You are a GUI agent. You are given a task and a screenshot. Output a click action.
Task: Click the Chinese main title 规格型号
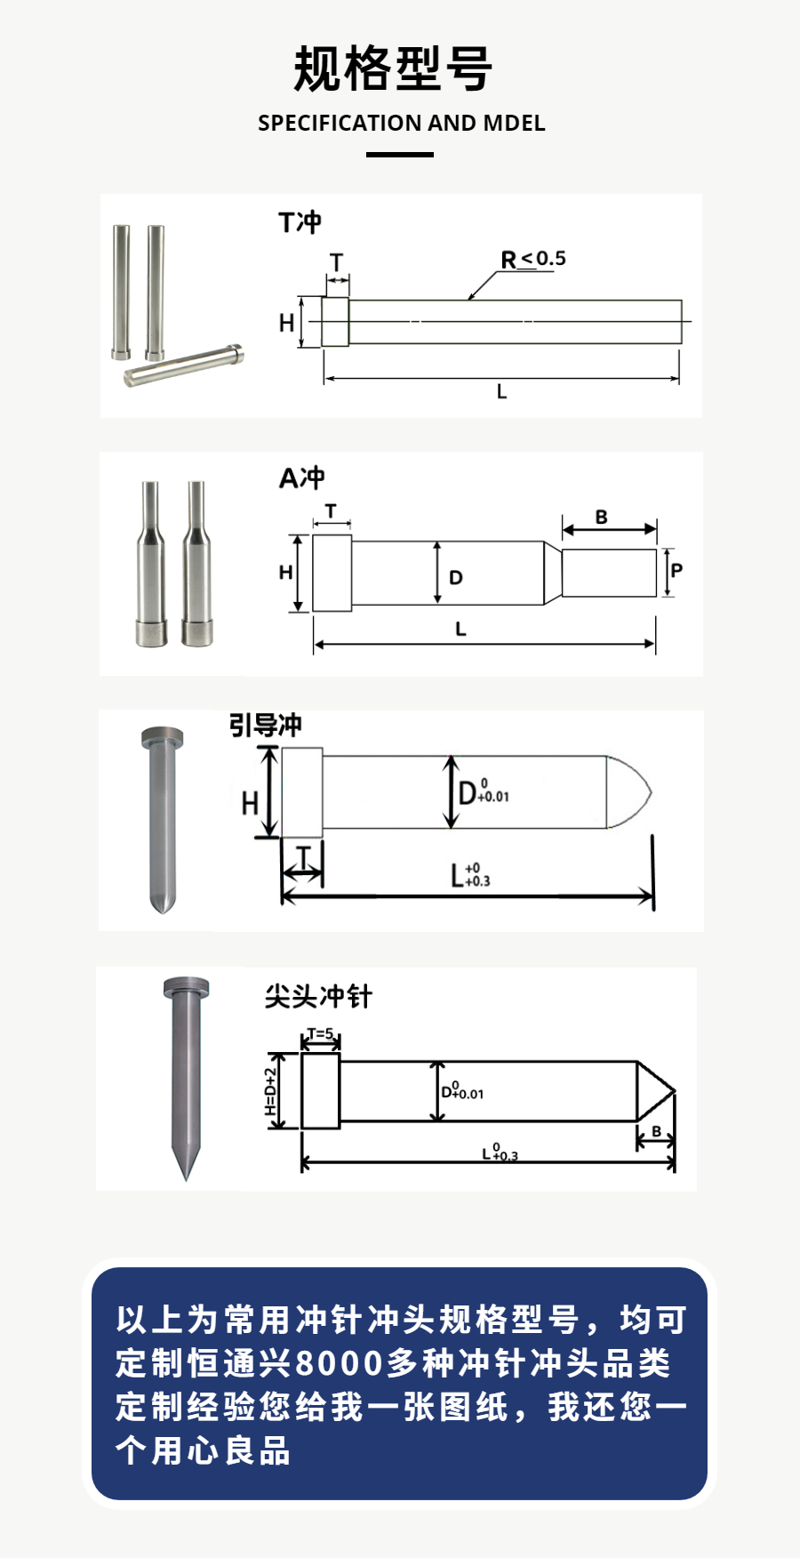393,68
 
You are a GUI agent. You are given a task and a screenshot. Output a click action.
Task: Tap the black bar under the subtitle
400,155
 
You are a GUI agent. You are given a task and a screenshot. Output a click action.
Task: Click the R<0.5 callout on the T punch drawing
533,259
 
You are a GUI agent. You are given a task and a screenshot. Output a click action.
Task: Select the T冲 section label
300,222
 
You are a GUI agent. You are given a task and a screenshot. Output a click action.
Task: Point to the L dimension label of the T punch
502,392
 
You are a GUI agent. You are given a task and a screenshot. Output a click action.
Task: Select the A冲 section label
301,478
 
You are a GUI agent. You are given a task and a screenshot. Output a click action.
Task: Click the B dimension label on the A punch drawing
602,517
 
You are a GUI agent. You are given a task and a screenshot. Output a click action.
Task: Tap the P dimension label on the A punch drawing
677,570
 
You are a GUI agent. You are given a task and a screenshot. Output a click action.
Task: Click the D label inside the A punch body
456,578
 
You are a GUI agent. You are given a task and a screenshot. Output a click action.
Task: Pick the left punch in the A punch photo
151,565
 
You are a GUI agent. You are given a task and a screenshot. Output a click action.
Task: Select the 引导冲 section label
266,725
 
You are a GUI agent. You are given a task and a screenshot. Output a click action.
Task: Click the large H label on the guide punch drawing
250,804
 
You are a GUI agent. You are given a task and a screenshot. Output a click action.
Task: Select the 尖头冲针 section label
318,996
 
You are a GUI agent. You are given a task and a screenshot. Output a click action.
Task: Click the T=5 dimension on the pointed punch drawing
321,1034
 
